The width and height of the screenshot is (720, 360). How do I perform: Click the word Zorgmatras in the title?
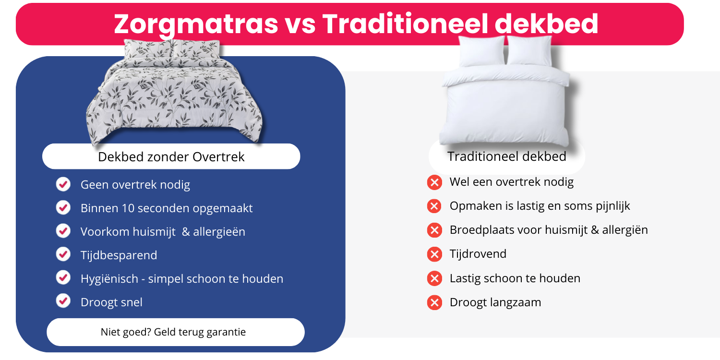196,24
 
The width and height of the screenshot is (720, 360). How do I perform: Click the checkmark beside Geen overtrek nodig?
63,184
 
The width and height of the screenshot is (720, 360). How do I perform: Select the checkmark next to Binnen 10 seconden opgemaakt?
63,208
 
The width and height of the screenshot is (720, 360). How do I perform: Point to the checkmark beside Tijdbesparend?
63,254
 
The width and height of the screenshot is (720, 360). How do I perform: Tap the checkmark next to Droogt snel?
63,301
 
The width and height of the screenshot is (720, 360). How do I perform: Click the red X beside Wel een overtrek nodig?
434,182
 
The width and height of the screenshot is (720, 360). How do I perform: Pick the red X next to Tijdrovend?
434,254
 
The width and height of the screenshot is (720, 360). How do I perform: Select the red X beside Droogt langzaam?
434,302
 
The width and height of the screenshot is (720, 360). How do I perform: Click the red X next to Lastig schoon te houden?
434,278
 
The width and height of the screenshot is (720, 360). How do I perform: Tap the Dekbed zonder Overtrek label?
171,156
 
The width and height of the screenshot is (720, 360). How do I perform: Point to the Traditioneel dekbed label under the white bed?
506,156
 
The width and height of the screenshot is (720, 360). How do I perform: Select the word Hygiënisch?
110,279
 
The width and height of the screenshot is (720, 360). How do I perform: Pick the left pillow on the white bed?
482,50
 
